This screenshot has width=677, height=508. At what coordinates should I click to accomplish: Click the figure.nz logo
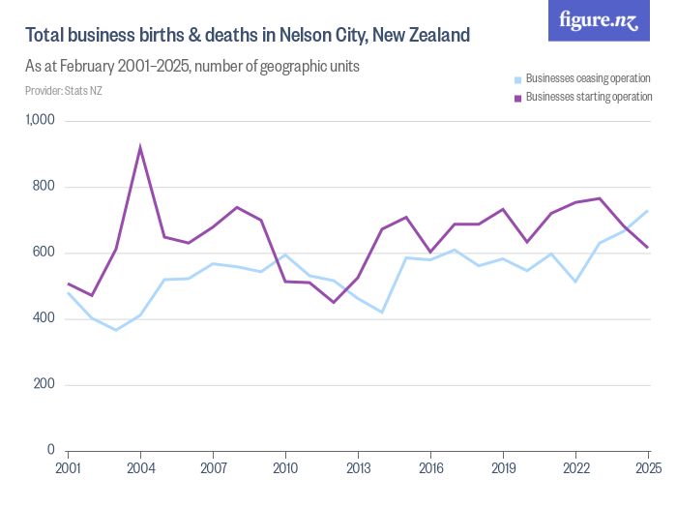tap(599, 20)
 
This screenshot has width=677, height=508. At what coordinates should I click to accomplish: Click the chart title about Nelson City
tap(248, 36)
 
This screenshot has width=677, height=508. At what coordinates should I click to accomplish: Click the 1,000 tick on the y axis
tap(41, 121)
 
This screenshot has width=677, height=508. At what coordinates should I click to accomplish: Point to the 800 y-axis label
tap(44, 187)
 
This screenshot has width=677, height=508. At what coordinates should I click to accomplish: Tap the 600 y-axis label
tap(44, 253)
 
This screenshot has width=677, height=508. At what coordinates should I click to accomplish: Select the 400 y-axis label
tap(44, 318)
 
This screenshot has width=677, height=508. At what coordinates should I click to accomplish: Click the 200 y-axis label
tap(44, 384)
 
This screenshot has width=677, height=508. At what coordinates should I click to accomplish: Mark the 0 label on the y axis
tap(51, 450)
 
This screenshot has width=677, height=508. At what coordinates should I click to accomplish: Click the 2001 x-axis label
tap(68, 469)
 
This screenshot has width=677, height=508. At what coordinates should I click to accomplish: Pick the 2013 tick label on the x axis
tap(358, 469)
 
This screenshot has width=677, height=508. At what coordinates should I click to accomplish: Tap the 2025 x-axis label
tap(648, 469)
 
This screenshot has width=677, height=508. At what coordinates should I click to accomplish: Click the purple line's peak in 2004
tap(140, 148)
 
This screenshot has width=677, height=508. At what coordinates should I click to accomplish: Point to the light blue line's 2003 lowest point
tap(116, 330)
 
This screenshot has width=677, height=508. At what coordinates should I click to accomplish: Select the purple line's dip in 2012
tap(334, 302)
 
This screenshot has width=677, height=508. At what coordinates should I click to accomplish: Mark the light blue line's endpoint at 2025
tap(648, 211)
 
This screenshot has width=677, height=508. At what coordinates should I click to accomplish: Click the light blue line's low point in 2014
tap(382, 312)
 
